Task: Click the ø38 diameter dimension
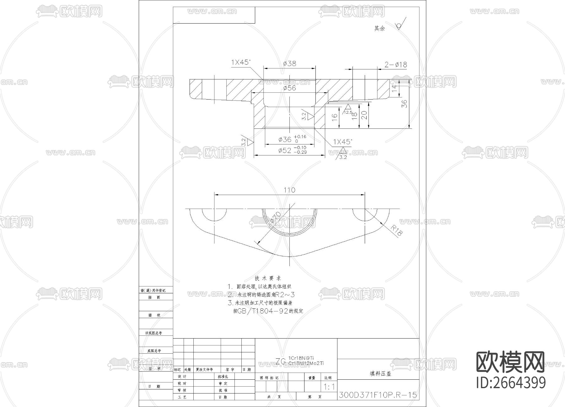click(x=289, y=63)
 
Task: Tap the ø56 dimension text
click(x=289, y=88)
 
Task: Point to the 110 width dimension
click(x=289, y=190)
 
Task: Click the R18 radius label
click(x=396, y=231)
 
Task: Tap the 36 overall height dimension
click(x=405, y=104)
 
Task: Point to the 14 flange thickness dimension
click(x=395, y=88)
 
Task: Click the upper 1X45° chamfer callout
click(x=241, y=62)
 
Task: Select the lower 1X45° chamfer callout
click(x=342, y=142)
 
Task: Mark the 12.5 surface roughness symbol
click(x=348, y=110)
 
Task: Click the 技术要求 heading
click(x=268, y=278)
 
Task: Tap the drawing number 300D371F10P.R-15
click(x=378, y=395)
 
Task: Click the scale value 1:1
click(x=329, y=387)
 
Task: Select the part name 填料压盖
click(x=380, y=374)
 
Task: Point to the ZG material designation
click(x=281, y=361)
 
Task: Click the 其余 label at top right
click(x=379, y=29)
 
